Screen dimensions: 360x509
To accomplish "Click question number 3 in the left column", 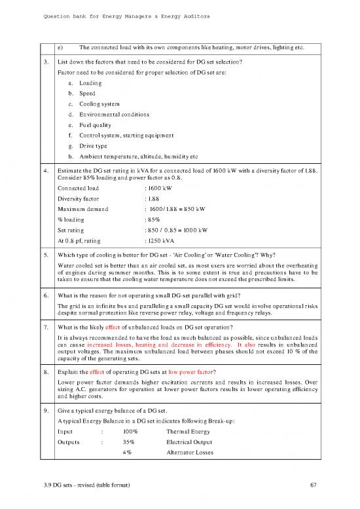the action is click(46, 62).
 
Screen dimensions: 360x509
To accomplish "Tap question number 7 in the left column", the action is click(46, 324).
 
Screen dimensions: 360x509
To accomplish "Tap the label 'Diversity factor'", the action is click(79, 197).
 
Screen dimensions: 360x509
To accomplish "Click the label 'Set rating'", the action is click(71, 229).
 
